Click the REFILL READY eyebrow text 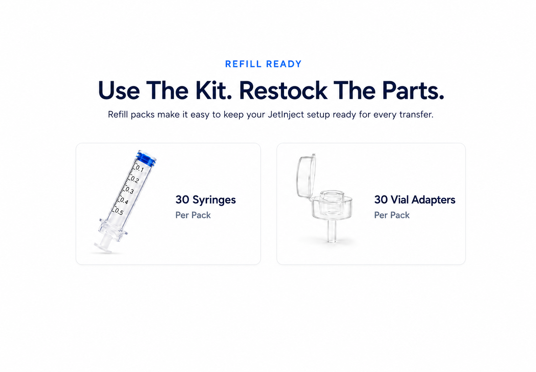pyautogui.click(x=263, y=64)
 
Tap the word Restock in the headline pyautogui.click(x=283, y=90)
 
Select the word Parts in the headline pyautogui.click(x=413, y=90)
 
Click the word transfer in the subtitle pyautogui.click(x=416, y=115)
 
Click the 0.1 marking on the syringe pyautogui.click(x=140, y=169)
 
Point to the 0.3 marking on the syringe pyautogui.click(x=130, y=190)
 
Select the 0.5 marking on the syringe pyautogui.click(x=119, y=212)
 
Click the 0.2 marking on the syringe pyautogui.click(x=135, y=180)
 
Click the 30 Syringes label pyautogui.click(x=206, y=200)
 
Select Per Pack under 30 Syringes pyautogui.click(x=193, y=215)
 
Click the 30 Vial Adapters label pyautogui.click(x=415, y=200)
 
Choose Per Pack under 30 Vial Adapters pyautogui.click(x=392, y=215)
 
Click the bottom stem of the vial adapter pyautogui.click(x=332, y=231)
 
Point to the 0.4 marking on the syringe pyautogui.click(x=124, y=201)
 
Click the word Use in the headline pyautogui.click(x=119, y=90)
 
